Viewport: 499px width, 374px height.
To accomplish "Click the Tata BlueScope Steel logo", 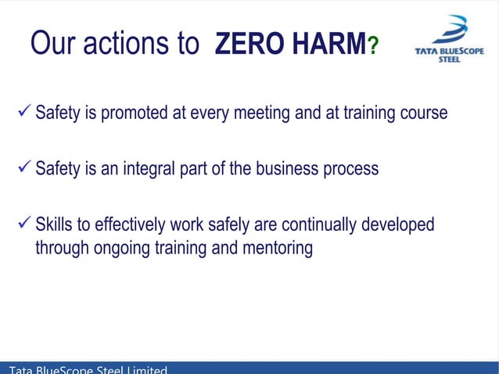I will point(448,44).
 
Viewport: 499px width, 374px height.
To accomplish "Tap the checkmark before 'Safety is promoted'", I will point(23,113).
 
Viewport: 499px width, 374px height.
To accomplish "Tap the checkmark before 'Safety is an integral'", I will point(23,168).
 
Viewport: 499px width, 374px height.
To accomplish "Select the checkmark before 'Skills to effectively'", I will point(23,225).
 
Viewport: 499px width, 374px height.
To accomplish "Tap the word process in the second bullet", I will point(350,170).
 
